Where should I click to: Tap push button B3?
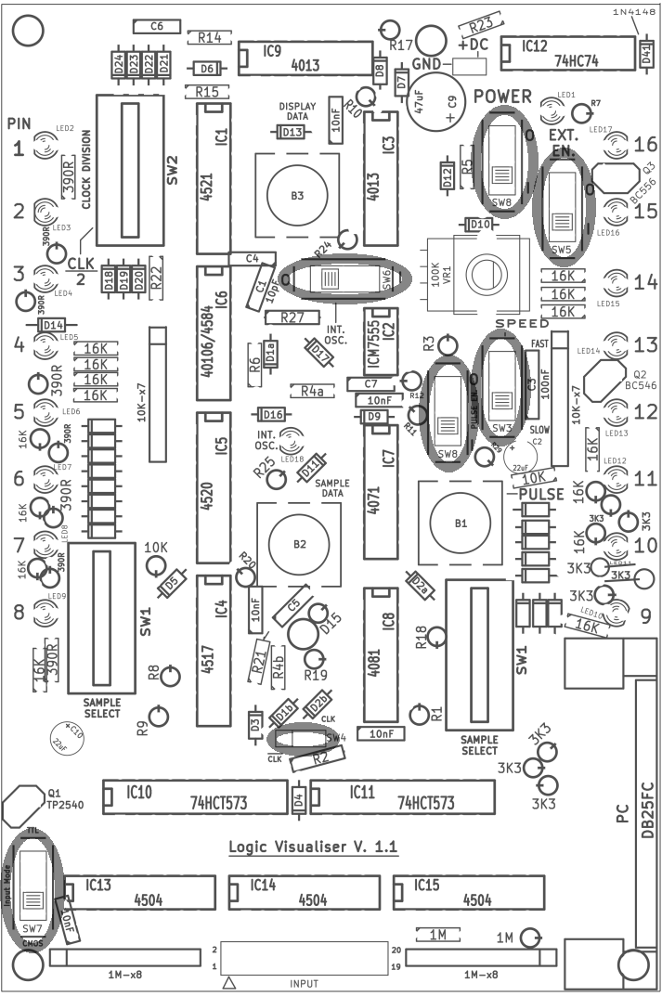pos(296,196)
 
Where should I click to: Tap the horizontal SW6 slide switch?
pos(344,278)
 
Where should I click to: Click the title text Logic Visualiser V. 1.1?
pos(313,847)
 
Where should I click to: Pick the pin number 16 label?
pos(645,145)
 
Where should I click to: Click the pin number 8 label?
pos(18,612)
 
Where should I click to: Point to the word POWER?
pos(502,97)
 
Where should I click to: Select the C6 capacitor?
pos(156,27)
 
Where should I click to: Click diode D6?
pos(207,69)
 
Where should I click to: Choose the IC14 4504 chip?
pos(303,893)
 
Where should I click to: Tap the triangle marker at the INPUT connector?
pos(230,983)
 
